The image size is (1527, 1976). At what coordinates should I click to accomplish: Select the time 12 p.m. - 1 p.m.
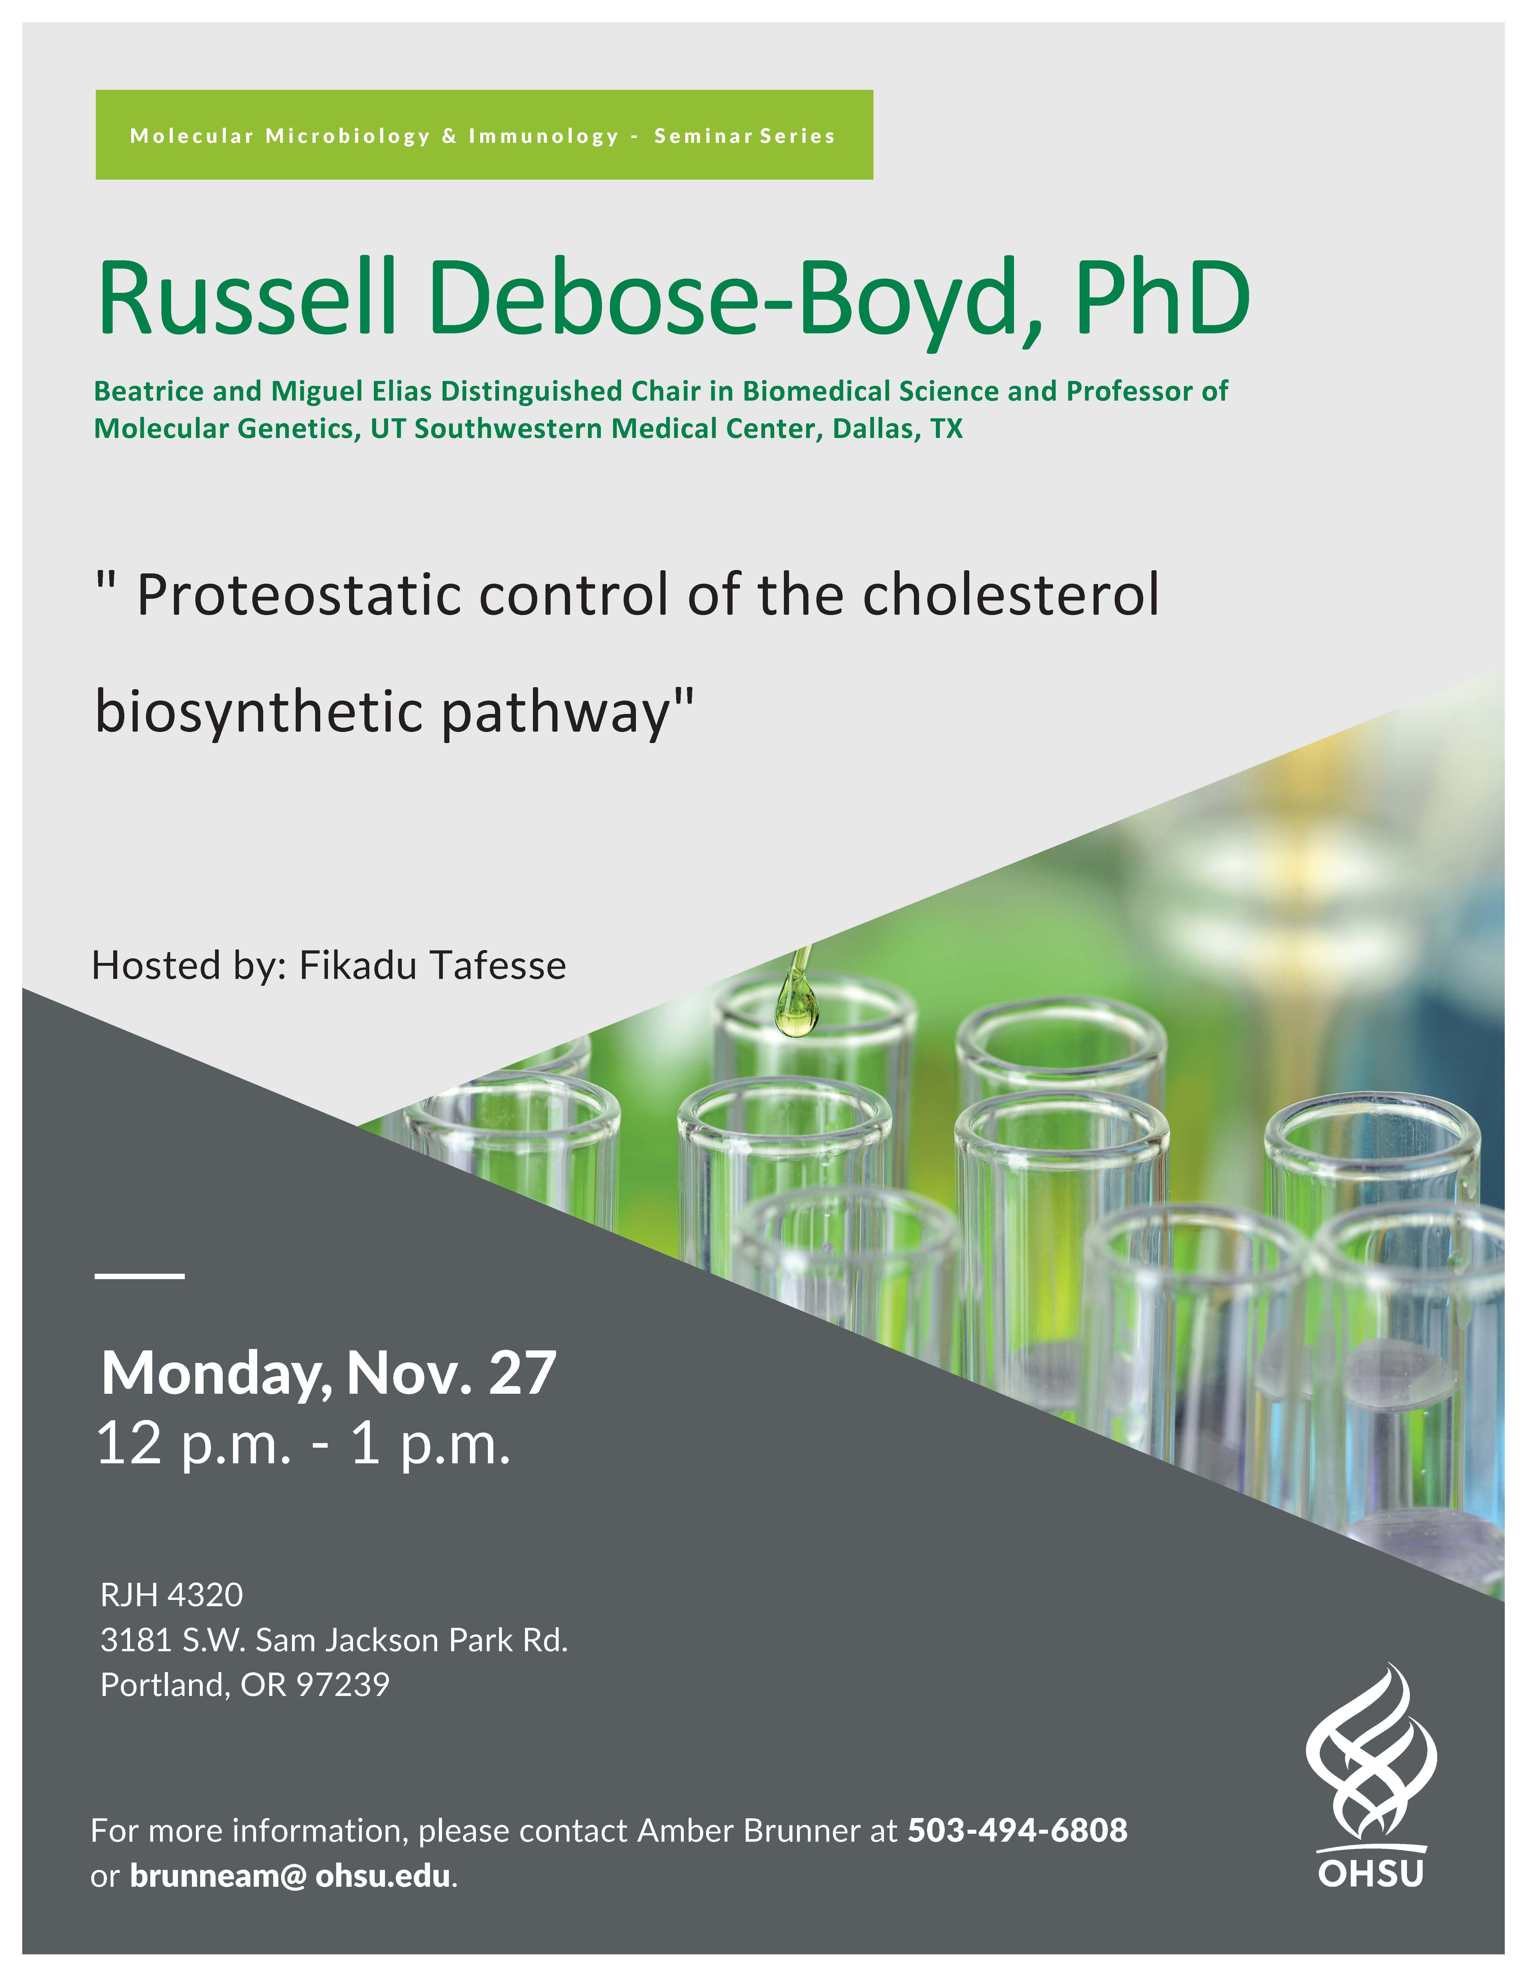304,1445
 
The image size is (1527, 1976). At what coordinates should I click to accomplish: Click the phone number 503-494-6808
1018,1830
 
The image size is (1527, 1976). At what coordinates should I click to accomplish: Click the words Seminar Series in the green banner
745,136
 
